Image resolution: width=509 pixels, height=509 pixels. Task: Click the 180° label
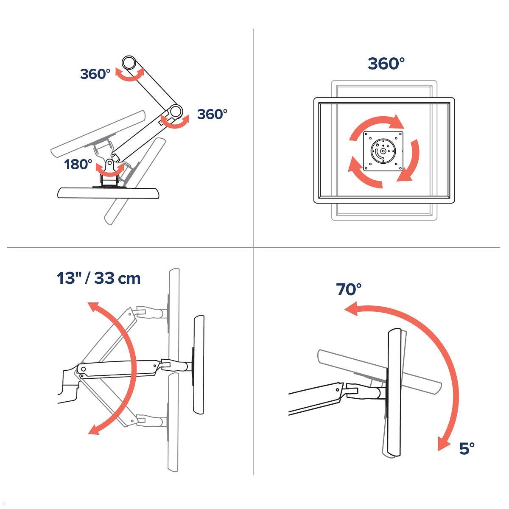[x=78, y=164]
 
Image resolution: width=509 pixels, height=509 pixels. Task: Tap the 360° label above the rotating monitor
[x=386, y=64]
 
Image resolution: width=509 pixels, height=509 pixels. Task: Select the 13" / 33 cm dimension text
[x=98, y=278]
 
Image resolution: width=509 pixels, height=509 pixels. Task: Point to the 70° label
[x=348, y=289]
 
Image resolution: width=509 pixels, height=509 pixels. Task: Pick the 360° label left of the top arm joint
[x=95, y=74]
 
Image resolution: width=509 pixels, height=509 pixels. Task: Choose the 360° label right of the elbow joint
[x=212, y=114]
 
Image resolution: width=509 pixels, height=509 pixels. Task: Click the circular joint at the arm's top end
[x=129, y=63]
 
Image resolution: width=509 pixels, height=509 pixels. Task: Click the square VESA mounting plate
[x=383, y=151]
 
